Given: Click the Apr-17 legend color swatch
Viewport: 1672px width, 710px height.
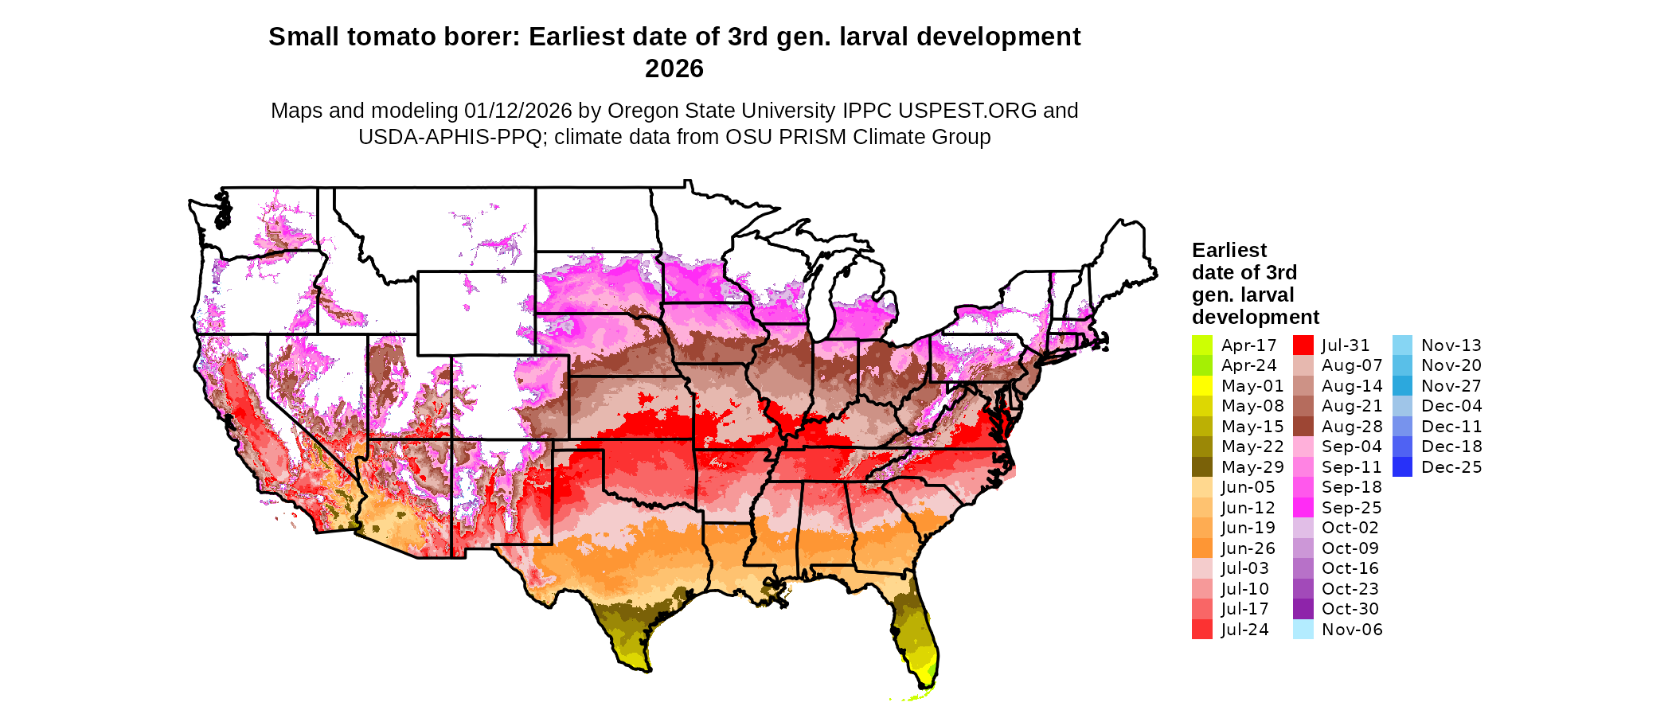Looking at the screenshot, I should tap(1202, 345).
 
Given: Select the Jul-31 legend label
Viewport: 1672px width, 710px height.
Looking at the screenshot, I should tap(1346, 345).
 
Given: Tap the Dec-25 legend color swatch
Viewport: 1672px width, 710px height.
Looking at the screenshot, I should tap(1403, 467).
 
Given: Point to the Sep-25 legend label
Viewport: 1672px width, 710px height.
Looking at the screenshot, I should tap(1351, 508).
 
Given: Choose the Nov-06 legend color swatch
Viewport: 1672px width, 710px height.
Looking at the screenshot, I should tap(1303, 630).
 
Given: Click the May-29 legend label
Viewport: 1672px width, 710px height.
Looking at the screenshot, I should tap(1252, 467).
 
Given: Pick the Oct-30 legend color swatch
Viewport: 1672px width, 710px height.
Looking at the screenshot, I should tap(1303, 609).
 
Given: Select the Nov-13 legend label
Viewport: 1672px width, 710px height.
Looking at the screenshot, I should tap(1451, 345).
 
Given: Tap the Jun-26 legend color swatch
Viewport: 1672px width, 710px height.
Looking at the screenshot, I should tap(1202, 548).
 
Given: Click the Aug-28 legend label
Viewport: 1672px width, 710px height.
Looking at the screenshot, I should tap(1352, 427).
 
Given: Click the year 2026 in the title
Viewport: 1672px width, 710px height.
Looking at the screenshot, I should tap(674, 69).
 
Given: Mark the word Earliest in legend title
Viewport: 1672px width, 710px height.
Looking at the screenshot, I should tap(1229, 251).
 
